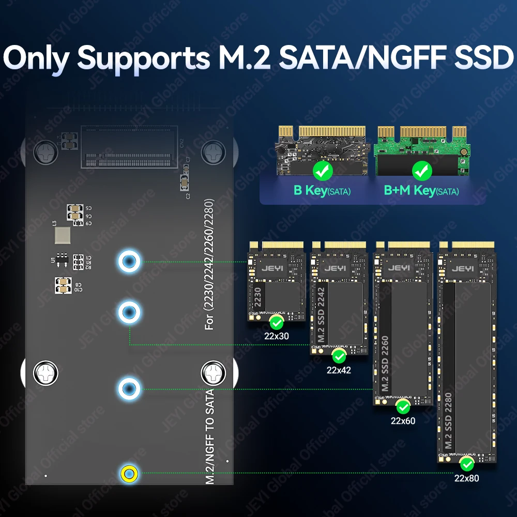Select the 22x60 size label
pyautogui.click(x=403, y=420)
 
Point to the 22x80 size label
pyautogui.click(x=466, y=478)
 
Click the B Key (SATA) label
pyautogui.click(x=322, y=190)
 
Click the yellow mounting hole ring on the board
pyautogui.click(x=128, y=473)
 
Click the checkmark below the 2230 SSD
pyautogui.click(x=277, y=323)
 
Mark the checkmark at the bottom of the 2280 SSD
pyautogui.click(x=467, y=463)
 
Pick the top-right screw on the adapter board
pyautogui.click(x=212, y=152)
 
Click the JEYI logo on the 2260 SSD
pyautogui.click(x=401, y=268)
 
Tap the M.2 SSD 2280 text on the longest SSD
pyautogui.click(x=448, y=421)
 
